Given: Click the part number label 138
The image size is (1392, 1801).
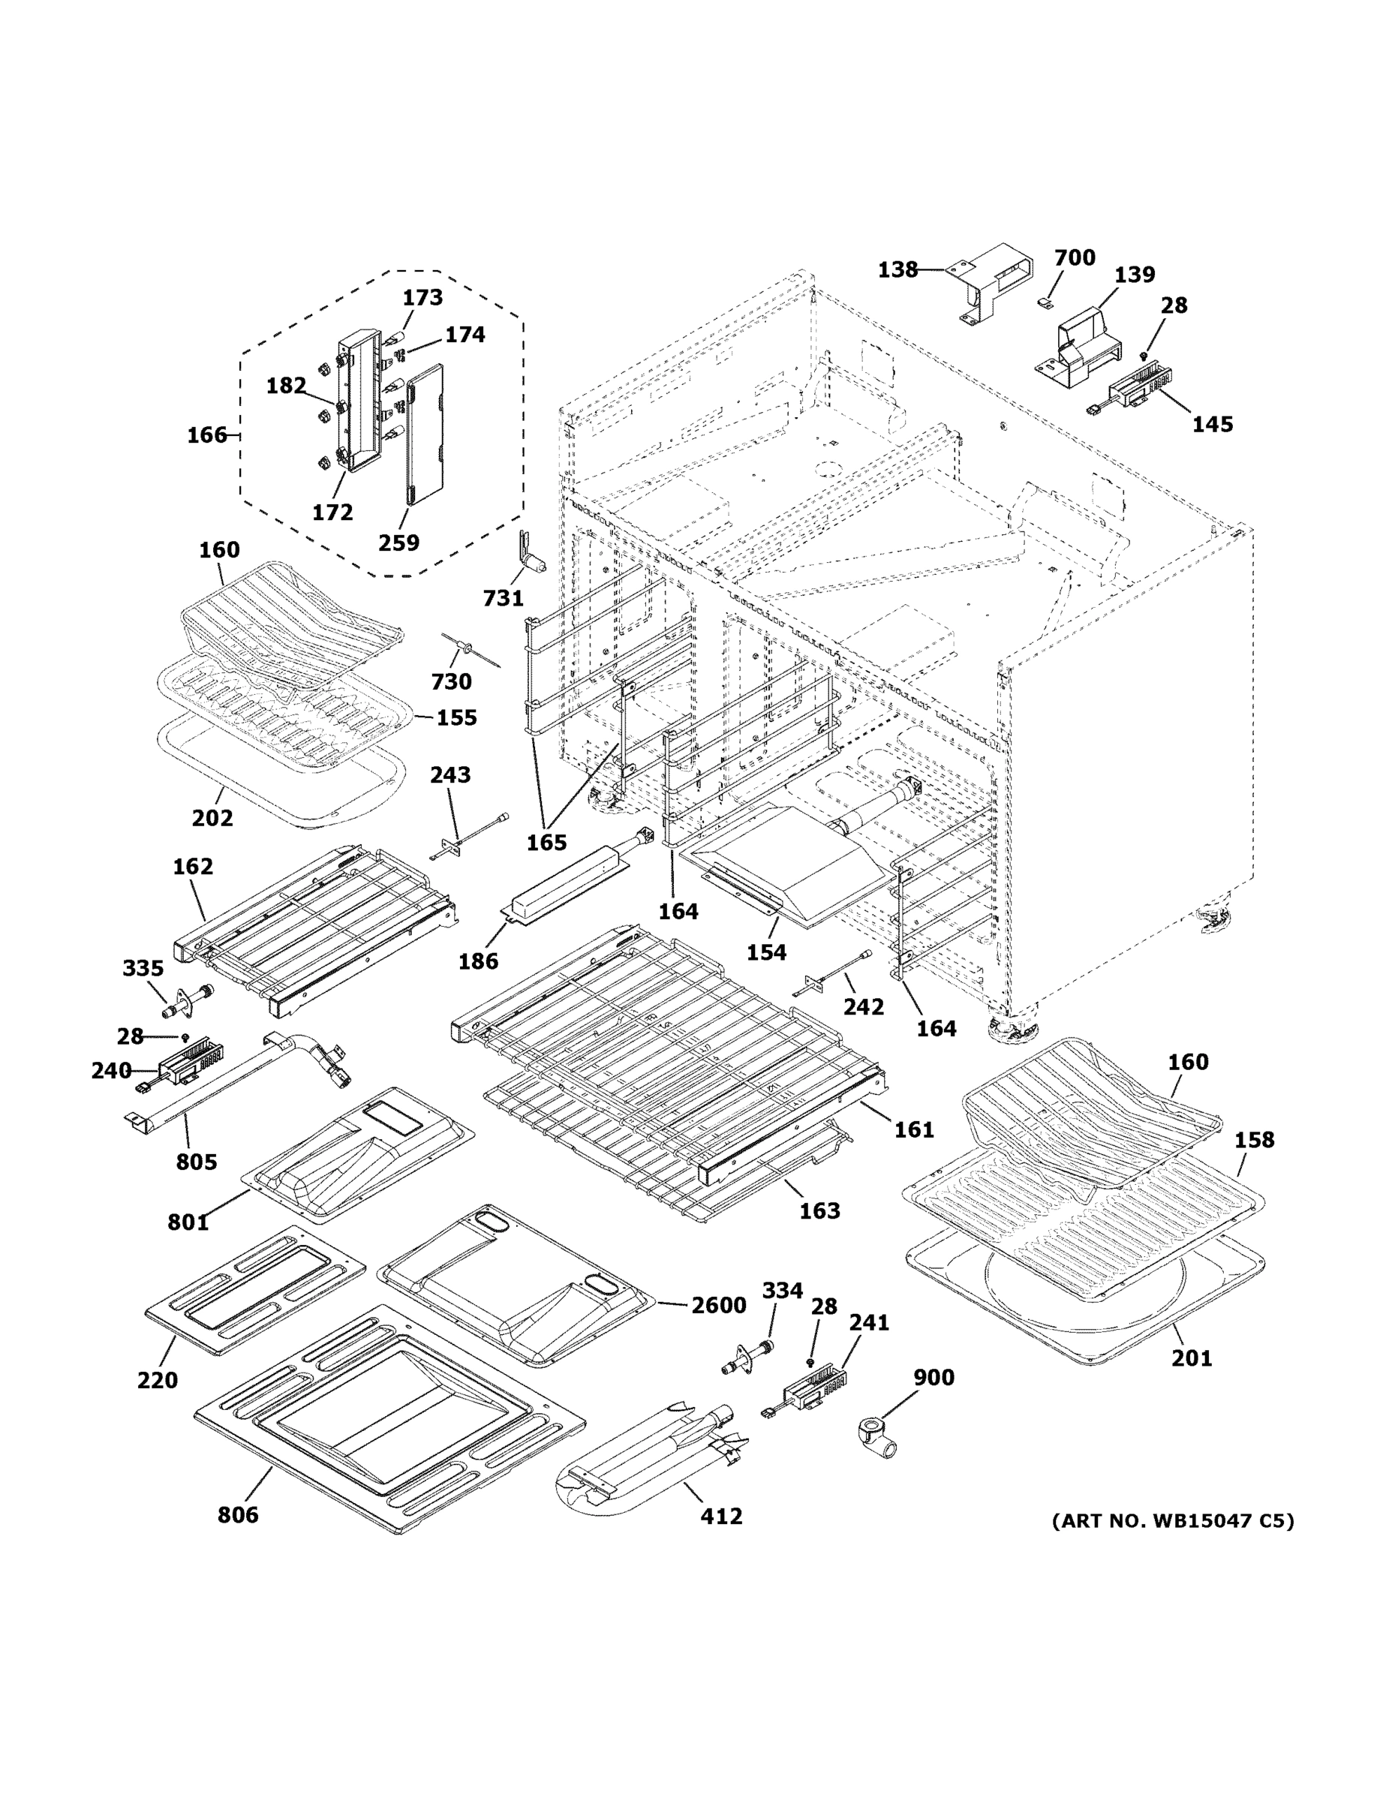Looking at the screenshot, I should coord(897,269).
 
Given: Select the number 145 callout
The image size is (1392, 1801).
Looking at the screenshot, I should coord(1212,424).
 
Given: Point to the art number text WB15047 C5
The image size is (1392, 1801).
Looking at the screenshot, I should coord(1172,1520).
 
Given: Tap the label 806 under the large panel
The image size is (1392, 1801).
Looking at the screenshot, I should coord(237,1514).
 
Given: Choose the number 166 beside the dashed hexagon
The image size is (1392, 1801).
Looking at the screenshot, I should coord(206,434).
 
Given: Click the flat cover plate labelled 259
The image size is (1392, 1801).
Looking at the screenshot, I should coord(425,433).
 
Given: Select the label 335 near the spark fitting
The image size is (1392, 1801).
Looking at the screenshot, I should coord(143,968).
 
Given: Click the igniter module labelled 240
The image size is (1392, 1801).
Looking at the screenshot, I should coord(185,1064).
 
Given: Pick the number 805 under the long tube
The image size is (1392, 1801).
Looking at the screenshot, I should coord(197,1162).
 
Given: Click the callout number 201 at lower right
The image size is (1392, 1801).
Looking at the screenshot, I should coord(1192,1358).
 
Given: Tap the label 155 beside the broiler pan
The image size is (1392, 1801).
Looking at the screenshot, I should coord(456,717).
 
